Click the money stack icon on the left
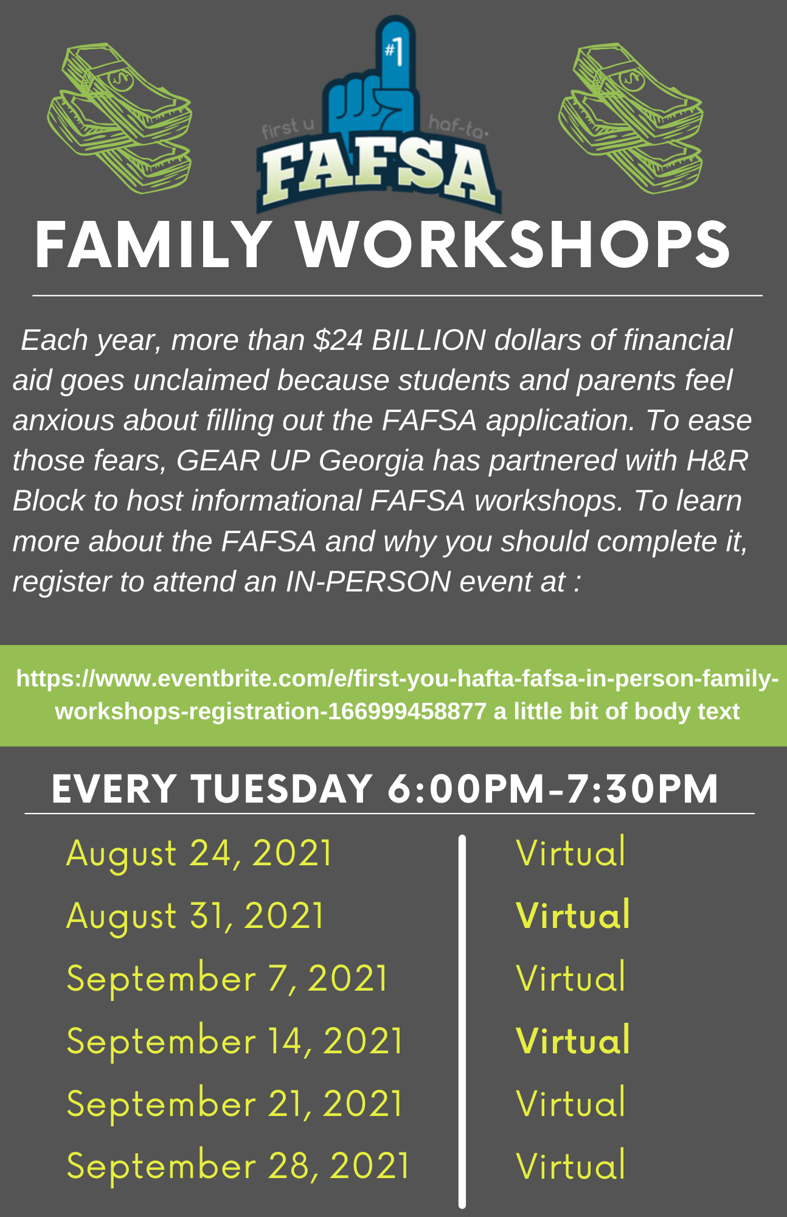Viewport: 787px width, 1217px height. (120, 118)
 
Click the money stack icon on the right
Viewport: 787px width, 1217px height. (631, 118)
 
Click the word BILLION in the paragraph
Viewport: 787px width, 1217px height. (429, 340)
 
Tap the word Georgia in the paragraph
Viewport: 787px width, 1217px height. (371, 461)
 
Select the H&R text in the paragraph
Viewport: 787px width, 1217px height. (718, 460)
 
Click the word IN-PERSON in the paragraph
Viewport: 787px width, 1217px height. (368, 581)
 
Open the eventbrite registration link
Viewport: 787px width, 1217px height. (397, 694)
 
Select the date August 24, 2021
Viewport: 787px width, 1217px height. (199, 853)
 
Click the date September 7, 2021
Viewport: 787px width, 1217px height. (227, 978)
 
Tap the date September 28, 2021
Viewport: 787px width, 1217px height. (238, 1166)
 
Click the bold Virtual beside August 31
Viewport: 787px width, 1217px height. (573, 915)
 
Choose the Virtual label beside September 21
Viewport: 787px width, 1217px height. (570, 1103)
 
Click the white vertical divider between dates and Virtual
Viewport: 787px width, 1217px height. (462, 1021)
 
